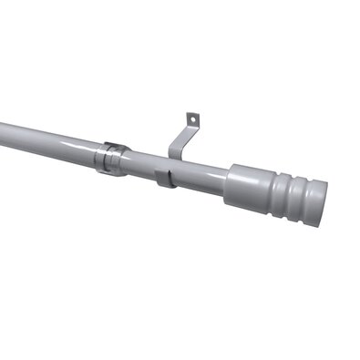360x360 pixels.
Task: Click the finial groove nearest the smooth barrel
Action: pyautogui.click(x=279, y=193)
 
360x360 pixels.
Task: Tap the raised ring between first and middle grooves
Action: pyautogui.click(x=286, y=195)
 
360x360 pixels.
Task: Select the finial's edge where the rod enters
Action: pyautogui.click(x=231, y=183)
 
